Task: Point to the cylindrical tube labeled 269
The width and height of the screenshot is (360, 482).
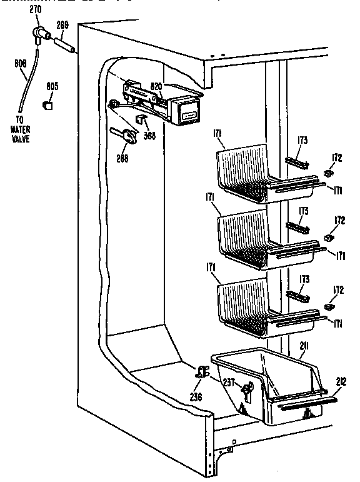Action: tap(66, 45)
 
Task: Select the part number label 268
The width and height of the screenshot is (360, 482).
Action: tap(122, 159)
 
